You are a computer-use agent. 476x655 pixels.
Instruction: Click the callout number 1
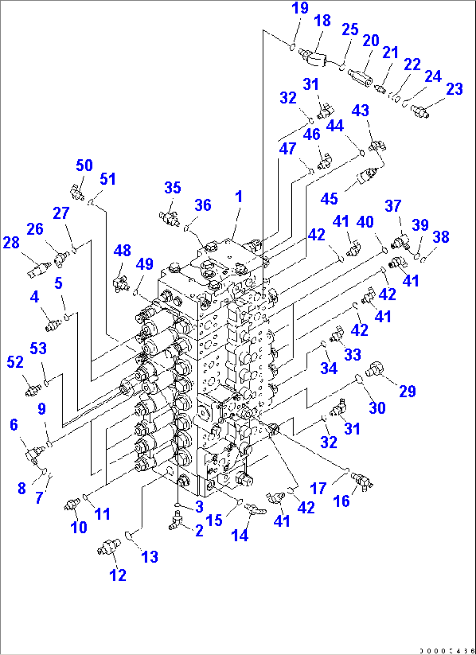(x=238, y=196)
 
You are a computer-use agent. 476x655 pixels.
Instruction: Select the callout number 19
(x=300, y=8)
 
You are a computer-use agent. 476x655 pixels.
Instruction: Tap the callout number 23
(x=454, y=89)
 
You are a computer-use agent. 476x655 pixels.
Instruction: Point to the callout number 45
(x=329, y=199)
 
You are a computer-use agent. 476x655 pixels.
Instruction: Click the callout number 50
(x=84, y=165)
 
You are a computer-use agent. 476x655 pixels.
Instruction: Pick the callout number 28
(x=11, y=242)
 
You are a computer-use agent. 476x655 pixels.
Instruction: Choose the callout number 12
(x=118, y=575)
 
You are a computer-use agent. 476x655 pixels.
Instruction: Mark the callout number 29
(x=407, y=391)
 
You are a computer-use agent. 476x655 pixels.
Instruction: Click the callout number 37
(x=393, y=206)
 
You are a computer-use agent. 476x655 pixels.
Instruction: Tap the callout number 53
(x=38, y=348)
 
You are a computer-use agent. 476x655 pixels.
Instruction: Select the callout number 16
(x=341, y=501)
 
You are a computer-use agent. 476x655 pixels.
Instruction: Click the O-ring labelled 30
(x=358, y=378)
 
